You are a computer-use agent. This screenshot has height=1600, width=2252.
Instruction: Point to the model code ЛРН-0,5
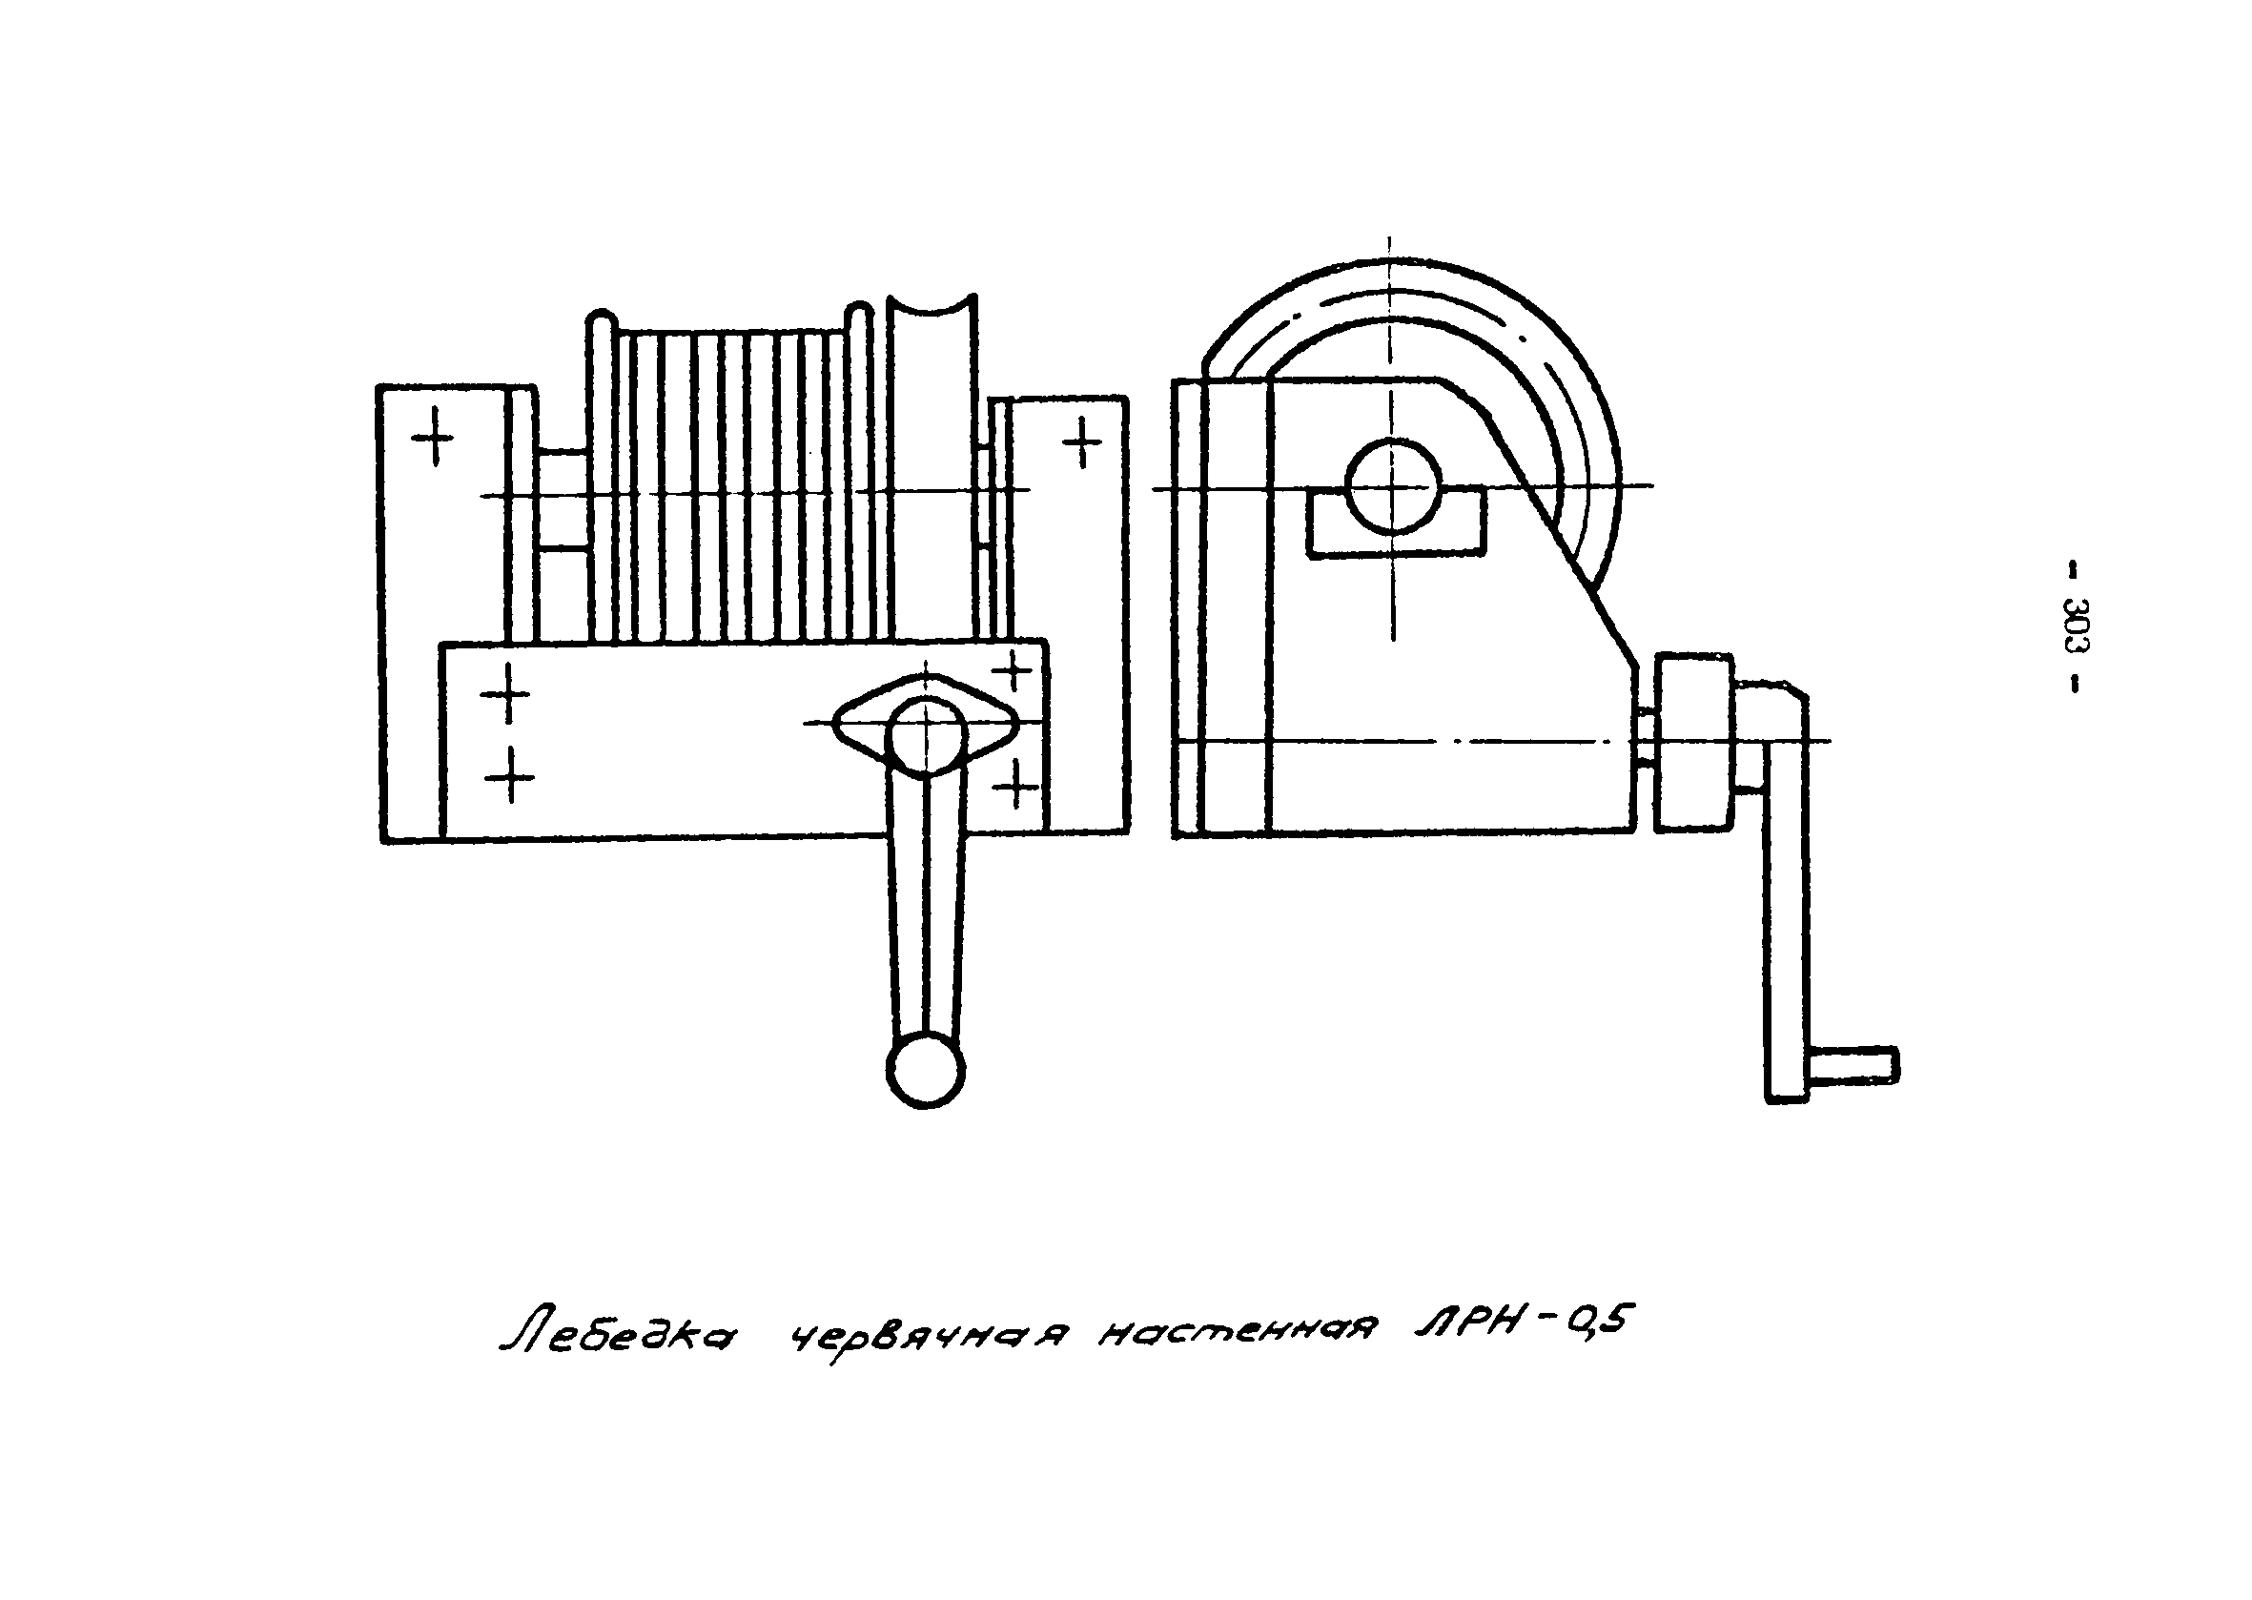[x=1517, y=1325]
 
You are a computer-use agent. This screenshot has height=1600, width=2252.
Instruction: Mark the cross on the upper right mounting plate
[x=1082, y=441]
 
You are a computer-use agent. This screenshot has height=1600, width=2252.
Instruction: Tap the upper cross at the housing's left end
[x=505, y=692]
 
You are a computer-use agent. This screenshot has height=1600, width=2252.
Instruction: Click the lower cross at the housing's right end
[x=1015, y=786]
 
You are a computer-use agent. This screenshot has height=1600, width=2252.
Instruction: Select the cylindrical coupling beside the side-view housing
[x=1693, y=741]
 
